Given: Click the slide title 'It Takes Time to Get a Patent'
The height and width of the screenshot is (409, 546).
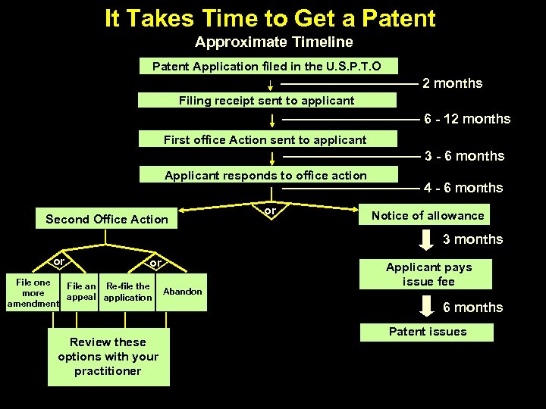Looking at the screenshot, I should pos(270,18).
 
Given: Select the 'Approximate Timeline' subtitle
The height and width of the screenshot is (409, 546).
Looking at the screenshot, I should pos(274,42).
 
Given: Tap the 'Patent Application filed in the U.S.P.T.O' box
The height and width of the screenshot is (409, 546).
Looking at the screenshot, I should pos(267,67).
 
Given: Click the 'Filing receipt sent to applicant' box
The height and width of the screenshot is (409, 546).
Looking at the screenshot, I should pos(267,100).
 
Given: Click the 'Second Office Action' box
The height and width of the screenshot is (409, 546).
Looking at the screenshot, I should pos(107,219).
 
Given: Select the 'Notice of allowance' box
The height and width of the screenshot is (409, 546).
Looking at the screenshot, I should pos(428,216).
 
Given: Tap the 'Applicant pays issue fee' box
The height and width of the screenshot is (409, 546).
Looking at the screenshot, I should pos(428,274).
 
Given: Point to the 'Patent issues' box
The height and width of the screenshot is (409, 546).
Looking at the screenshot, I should pos(428,332).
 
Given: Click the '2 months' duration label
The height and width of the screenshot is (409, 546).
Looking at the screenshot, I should pos(452,83).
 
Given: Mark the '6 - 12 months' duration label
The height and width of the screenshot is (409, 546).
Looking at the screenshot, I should pos(467,119).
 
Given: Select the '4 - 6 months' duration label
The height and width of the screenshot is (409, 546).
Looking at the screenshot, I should pos(463,188).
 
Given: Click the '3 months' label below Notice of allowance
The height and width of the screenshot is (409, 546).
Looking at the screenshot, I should pos(472,239).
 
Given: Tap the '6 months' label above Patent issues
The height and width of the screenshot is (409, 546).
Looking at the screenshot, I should pos(472,308).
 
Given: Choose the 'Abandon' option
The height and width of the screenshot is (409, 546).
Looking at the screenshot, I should pos(183,292).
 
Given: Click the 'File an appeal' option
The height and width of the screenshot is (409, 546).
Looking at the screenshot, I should pos(81,292).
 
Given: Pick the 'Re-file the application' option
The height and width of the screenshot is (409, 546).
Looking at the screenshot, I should pos(128,292).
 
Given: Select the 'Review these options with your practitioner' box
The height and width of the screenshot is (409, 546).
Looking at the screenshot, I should pos(108,357).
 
